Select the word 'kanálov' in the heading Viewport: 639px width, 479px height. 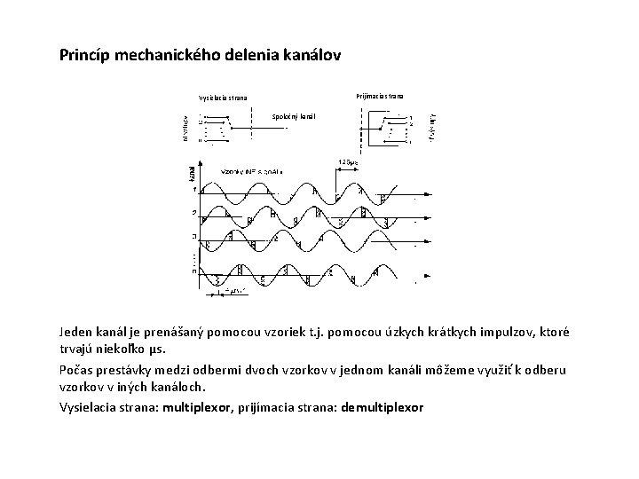[x=308, y=55]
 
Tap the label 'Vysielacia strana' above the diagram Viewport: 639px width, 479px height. [x=223, y=98]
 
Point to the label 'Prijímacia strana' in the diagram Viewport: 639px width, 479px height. [x=379, y=94]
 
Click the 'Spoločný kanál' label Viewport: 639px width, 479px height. [x=293, y=116]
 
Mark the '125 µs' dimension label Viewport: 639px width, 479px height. [x=347, y=162]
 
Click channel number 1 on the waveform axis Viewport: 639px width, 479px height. [x=194, y=191]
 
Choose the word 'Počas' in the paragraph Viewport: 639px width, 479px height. [x=77, y=369]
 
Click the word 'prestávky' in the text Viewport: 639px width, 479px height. [x=128, y=369]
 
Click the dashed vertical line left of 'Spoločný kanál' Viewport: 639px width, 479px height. [x=253, y=127]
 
